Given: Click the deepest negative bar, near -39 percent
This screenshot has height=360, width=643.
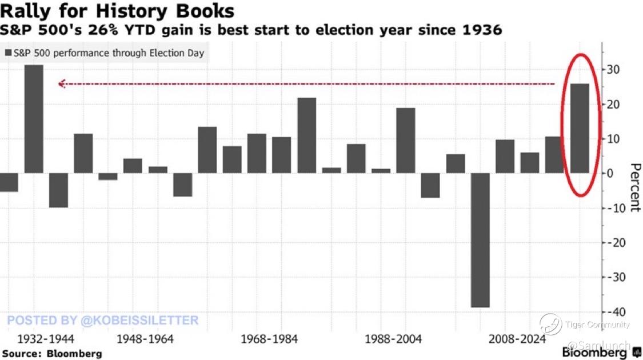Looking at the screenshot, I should point(480,240).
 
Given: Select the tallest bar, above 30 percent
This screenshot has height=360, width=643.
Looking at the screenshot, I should point(34,118).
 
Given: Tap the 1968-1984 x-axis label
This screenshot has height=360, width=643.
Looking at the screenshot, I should point(269,339).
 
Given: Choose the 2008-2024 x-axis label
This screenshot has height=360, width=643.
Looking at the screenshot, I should point(517,339).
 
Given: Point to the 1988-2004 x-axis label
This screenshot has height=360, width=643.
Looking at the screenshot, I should point(393,339).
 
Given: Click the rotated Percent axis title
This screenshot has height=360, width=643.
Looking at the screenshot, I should point(634,187).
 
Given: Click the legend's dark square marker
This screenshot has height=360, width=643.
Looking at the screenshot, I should point(8,54).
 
